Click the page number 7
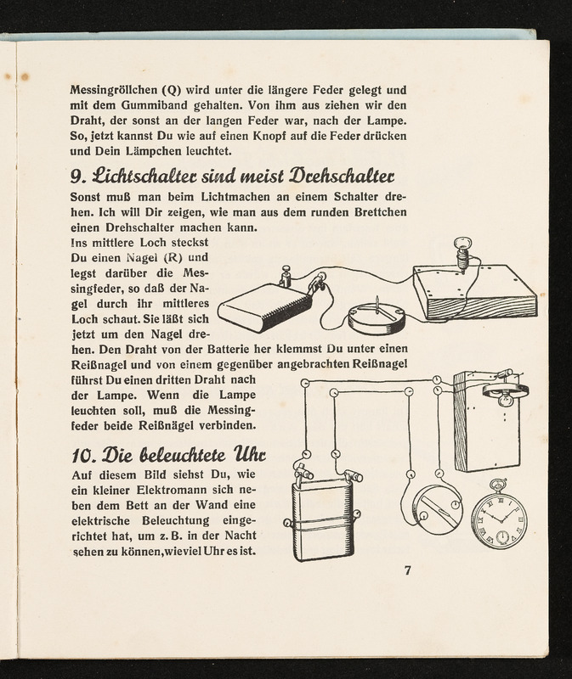407,570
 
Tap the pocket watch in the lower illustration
499,519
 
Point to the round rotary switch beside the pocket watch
436,509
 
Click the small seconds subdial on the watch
502,536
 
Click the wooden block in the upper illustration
474,293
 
